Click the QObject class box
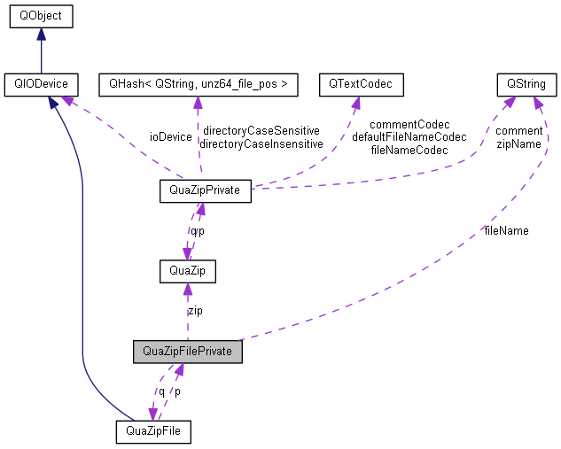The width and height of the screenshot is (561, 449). click(40, 16)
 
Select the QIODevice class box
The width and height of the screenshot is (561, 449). click(40, 85)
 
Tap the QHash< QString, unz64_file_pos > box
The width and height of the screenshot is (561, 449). click(198, 85)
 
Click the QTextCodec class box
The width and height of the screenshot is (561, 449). click(361, 85)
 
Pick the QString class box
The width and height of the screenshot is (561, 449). click(526, 85)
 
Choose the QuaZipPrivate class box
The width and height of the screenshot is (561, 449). click(204, 189)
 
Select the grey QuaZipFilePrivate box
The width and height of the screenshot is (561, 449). click(188, 352)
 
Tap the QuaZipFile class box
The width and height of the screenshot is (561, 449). click(153, 431)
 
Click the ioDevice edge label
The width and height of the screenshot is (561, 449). click(171, 136)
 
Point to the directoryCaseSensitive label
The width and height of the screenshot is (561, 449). click(261, 130)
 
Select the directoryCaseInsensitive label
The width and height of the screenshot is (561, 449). click(261, 143)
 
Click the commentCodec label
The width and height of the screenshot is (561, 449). click(409, 125)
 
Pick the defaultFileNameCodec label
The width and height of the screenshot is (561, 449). click(409, 137)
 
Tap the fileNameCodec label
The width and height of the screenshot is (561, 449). click(409, 150)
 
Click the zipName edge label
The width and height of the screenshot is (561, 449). click(519, 143)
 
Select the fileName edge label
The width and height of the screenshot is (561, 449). click(506, 230)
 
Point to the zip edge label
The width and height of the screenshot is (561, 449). click(195, 311)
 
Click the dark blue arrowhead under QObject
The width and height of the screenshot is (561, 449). click(40, 34)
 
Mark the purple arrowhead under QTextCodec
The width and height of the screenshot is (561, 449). click(356, 103)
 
